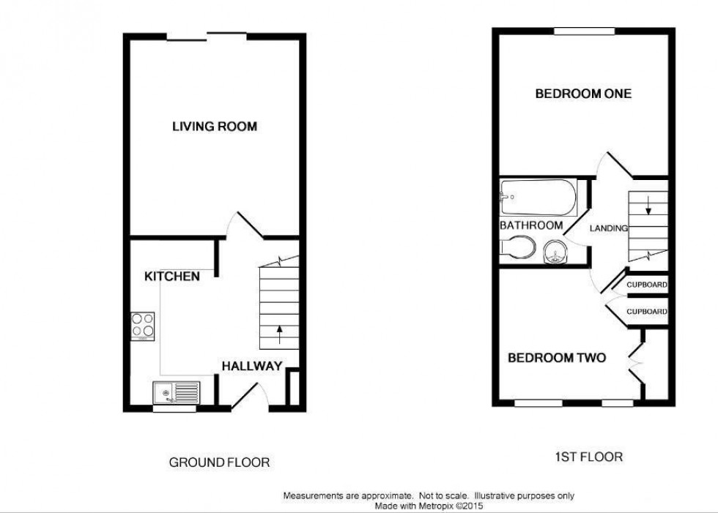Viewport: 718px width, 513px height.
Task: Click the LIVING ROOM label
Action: [x=215, y=127]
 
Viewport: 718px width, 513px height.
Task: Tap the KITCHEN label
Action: [x=172, y=277]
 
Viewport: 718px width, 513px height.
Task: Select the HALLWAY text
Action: [x=252, y=366]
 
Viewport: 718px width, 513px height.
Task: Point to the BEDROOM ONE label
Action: [x=583, y=94]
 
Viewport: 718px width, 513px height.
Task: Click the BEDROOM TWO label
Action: [x=558, y=358]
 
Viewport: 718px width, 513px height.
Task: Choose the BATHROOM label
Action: [x=532, y=225]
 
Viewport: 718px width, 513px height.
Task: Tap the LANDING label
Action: [x=610, y=228]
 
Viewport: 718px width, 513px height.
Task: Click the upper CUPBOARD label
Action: [x=647, y=284]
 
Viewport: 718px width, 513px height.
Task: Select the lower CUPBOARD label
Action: [x=647, y=312]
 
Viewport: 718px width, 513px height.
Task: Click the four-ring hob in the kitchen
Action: [x=143, y=326]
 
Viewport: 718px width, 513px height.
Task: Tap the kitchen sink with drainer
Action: [x=176, y=393]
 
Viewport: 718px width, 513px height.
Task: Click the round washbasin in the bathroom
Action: [x=557, y=254]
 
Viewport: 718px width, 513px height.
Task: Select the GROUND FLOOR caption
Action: [x=219, y=463]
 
